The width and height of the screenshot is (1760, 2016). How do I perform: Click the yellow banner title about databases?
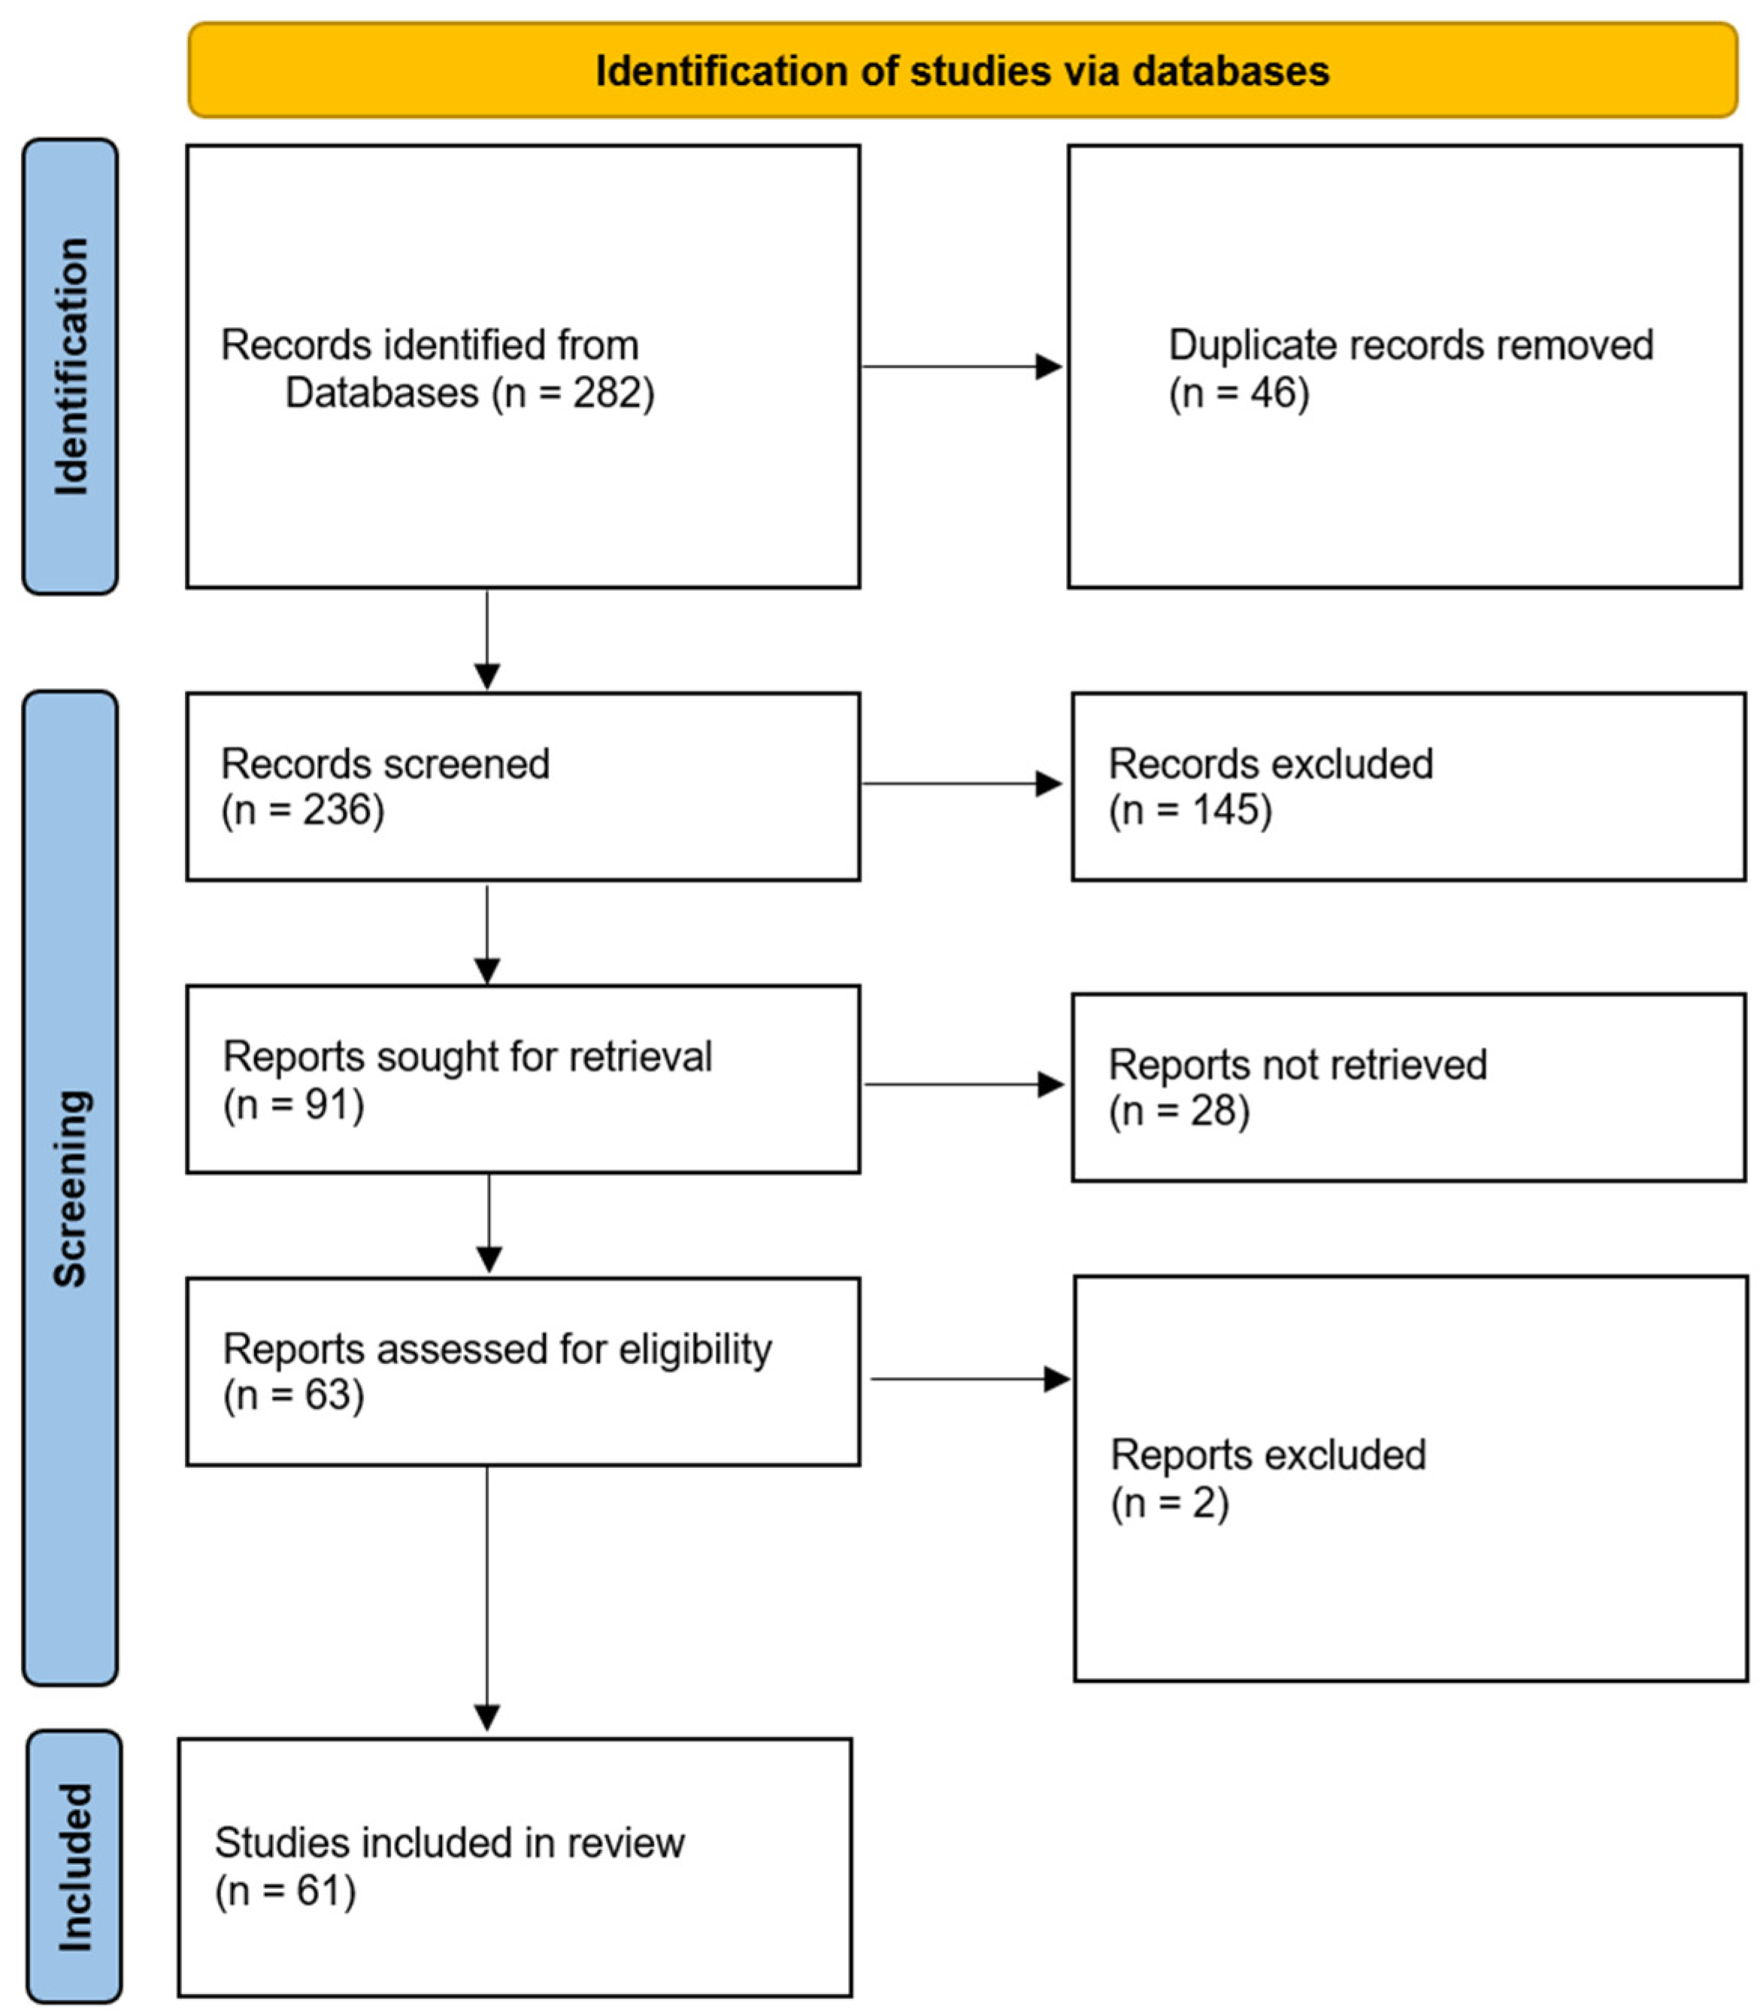962,71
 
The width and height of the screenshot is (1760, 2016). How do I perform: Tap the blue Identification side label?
71,366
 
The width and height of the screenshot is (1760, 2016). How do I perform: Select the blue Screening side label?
71,1188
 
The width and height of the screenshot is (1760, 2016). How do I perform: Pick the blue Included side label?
74,1866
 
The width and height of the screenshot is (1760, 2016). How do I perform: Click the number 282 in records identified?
600,393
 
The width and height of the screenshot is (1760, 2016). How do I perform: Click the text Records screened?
385,764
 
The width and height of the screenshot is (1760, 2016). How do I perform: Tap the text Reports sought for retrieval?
468,1057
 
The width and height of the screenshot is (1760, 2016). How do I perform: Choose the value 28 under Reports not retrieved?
1215,1111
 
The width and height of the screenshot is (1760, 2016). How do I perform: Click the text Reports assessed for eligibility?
497,1350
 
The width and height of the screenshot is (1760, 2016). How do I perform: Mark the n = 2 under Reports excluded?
1170,1503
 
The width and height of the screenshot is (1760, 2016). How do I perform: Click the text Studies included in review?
450,1843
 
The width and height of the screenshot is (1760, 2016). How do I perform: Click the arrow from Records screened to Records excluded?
962,784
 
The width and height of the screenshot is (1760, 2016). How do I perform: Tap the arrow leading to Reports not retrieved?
964,1084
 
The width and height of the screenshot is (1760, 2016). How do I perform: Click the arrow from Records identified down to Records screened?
487,638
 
